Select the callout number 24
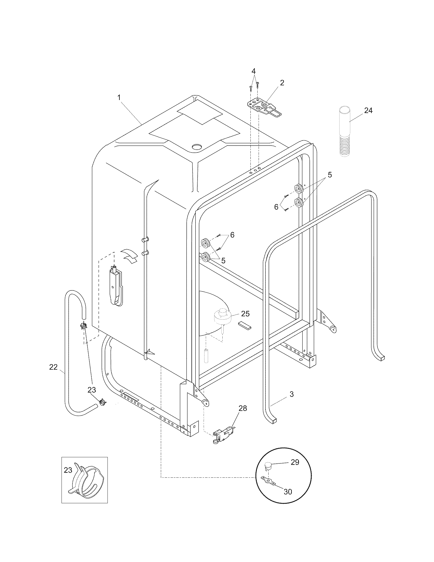click(368, 110)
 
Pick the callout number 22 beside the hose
click(53, 367)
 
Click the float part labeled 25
click(223, 318)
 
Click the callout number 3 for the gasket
click(291, 394)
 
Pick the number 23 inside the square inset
click(68, 470)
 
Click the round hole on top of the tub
click(197, 147)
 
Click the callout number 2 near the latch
click(282, 83)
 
